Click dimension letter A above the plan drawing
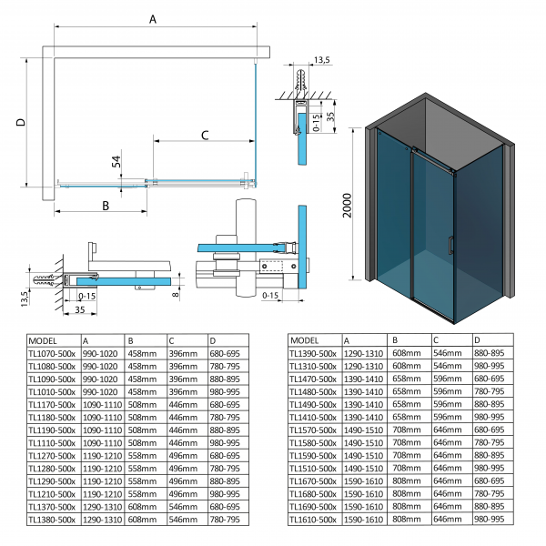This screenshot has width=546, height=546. point(152,17)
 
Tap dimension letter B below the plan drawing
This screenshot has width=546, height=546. point(106,206)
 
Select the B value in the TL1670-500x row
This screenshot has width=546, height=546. point(407,480)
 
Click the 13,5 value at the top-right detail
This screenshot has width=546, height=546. point(321,61)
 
